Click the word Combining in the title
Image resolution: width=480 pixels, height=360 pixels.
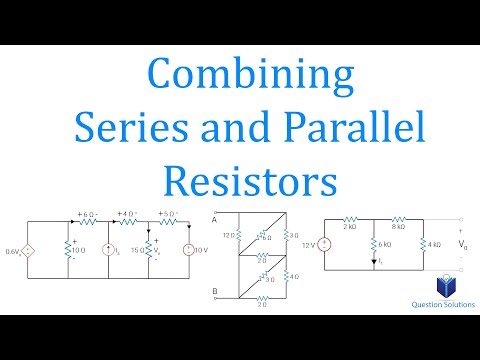point(239,76)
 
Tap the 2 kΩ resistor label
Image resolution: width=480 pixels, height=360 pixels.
point(349,228)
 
